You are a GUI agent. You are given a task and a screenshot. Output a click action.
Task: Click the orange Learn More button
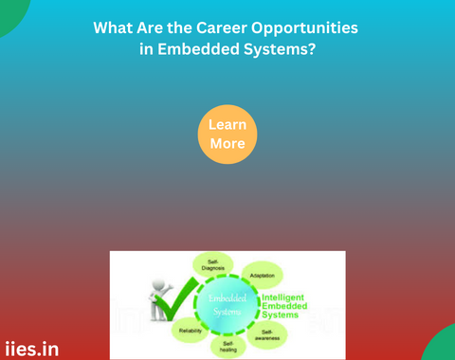point(227,135)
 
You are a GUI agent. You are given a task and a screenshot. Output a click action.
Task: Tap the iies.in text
point(31,349)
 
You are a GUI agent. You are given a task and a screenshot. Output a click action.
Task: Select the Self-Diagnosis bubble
point(213,264)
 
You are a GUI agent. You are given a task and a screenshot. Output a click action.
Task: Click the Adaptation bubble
point(263,276)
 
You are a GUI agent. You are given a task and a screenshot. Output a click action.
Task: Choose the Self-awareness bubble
point(267,334)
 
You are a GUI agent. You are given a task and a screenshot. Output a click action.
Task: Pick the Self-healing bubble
point(227,348)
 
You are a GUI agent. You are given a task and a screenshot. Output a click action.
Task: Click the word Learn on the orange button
point(227,124)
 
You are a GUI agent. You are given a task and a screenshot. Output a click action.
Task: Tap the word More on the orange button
point(227,144)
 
